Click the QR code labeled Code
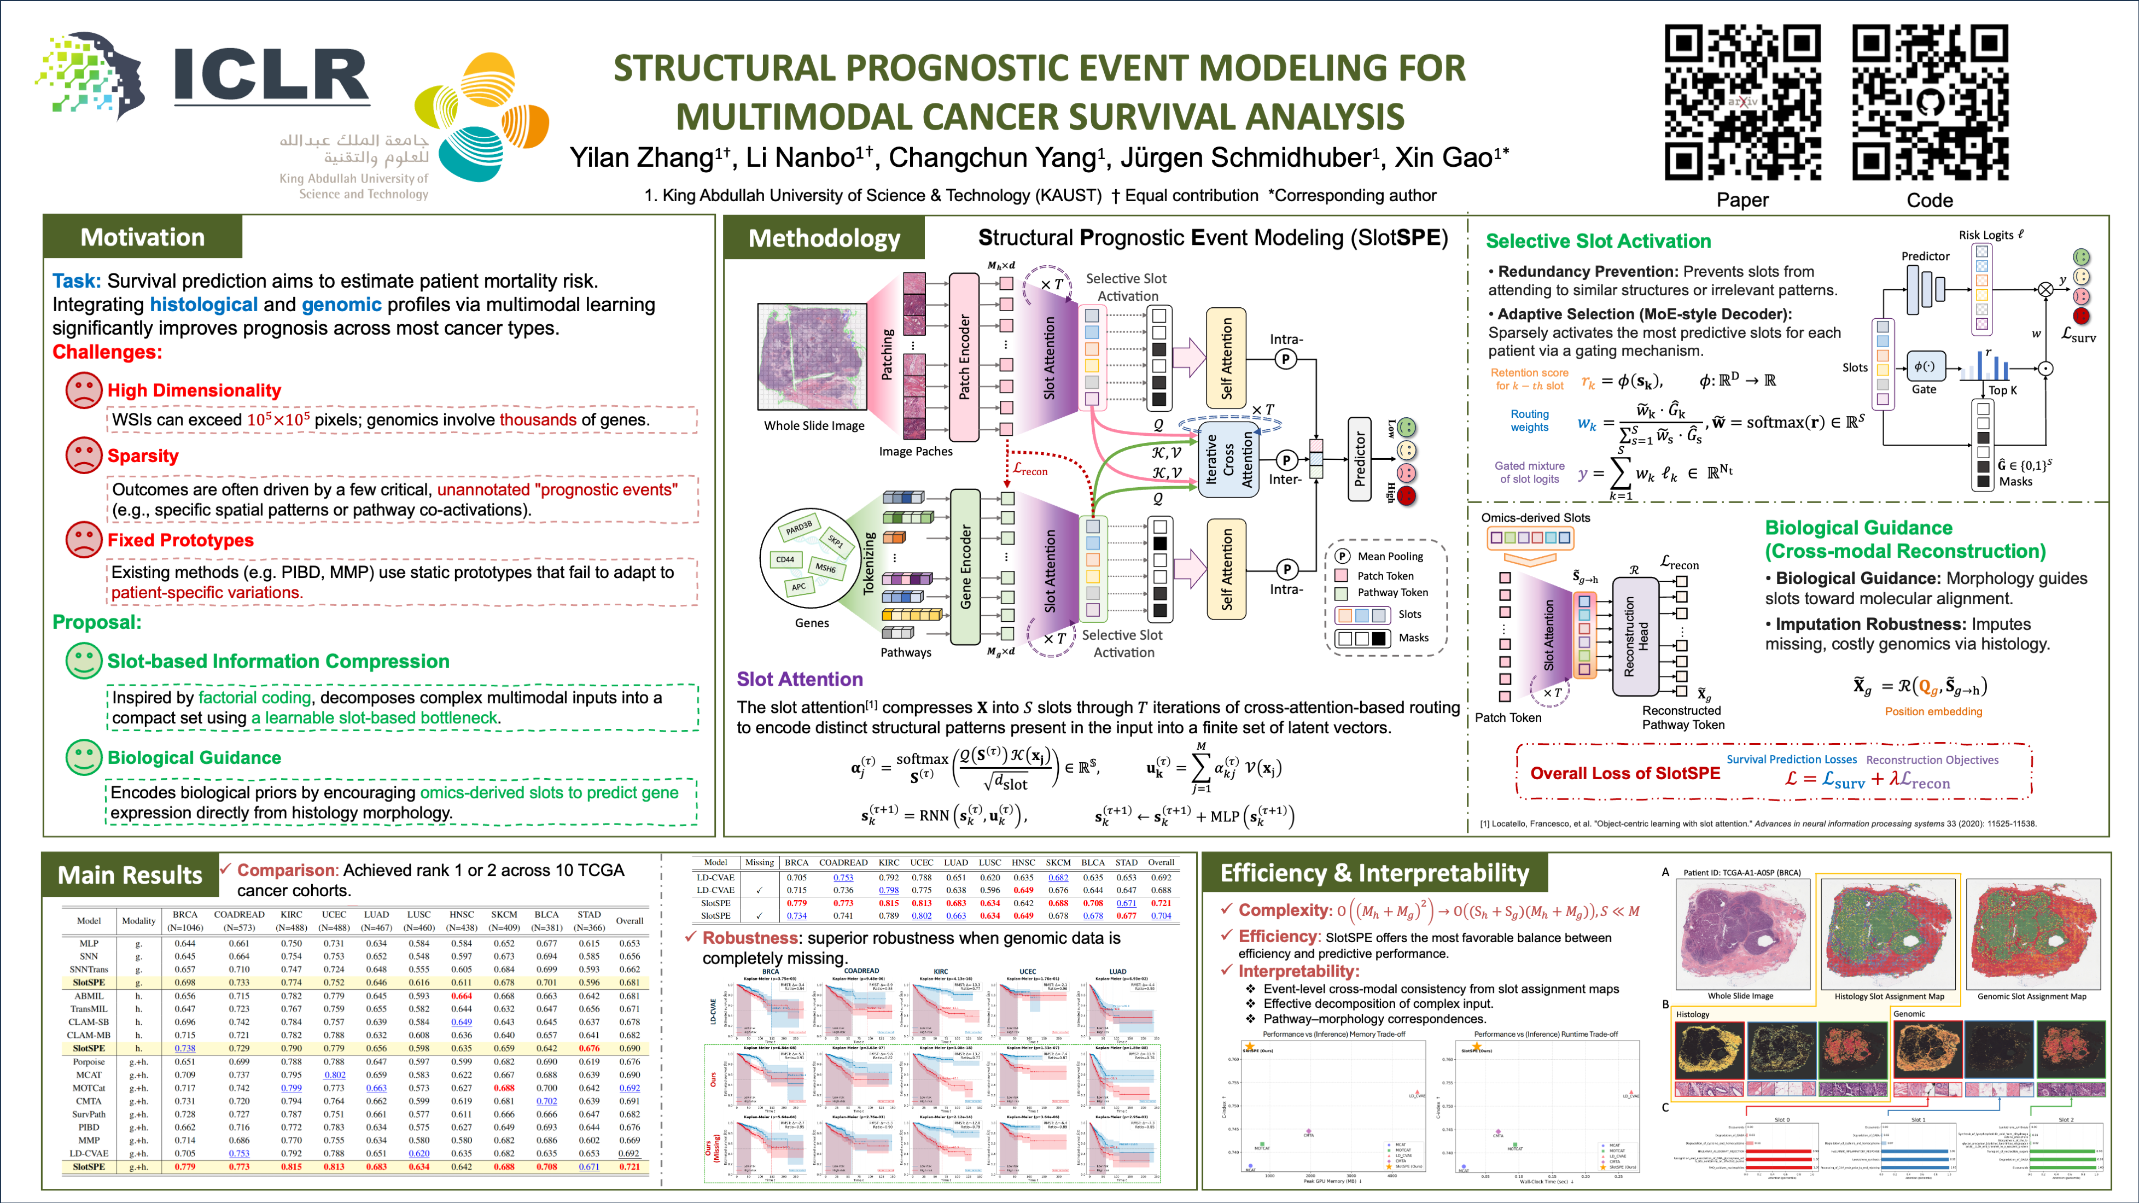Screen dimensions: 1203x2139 1930,102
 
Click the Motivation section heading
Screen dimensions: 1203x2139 142,237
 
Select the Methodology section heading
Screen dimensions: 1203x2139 824,239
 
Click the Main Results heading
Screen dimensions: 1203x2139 130,875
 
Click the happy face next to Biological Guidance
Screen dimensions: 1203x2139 83,757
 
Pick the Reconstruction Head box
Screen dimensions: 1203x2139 1635,636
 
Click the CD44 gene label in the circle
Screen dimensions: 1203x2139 785,559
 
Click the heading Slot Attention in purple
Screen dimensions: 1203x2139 800,679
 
